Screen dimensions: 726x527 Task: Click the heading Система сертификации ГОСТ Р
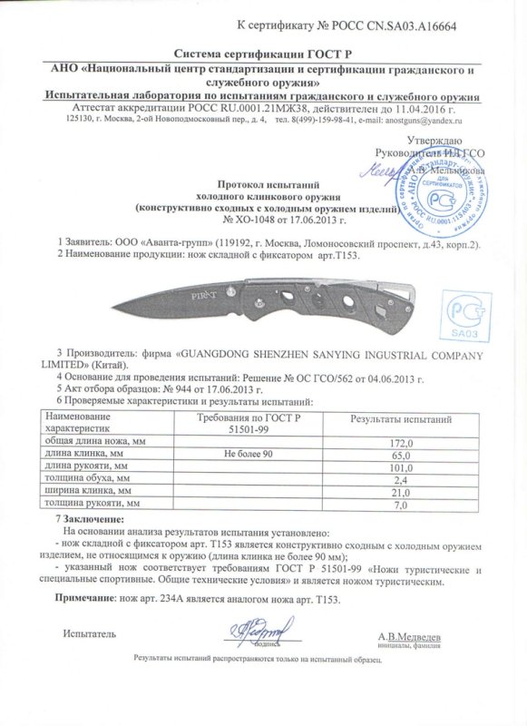(x=262, y=54)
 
